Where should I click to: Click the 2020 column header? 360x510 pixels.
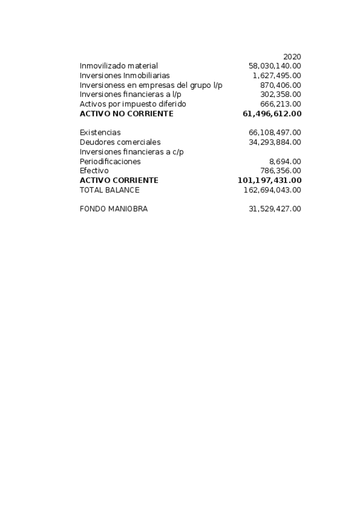pos(292,57)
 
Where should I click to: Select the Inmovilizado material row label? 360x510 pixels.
pos(118,66)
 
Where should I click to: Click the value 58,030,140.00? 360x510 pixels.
pos(275,66)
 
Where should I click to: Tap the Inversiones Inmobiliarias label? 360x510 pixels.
pos(124,75)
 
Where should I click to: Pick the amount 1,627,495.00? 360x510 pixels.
pos(277,75)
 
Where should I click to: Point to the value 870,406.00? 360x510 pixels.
pos(281,85)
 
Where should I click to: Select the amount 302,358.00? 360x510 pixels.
pos(281,94)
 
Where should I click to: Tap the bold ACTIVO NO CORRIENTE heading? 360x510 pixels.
pos(126,114)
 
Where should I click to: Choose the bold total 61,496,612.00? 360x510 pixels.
pos(272,114)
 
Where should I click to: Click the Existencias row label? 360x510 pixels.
pos(100,132)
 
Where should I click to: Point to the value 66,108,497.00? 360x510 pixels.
pos(275,132)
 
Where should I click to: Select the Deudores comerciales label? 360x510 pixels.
pos(120,142)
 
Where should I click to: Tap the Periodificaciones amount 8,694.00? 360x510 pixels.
pos(285,161)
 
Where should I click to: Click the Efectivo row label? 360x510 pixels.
pos(94,171)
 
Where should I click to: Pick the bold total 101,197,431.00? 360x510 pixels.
pos(270,180)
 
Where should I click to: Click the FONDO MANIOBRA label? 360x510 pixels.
pos(114,209)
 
